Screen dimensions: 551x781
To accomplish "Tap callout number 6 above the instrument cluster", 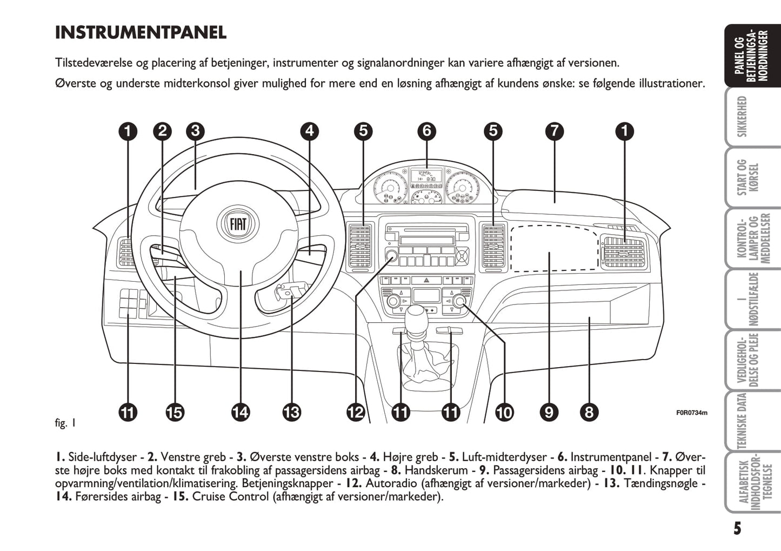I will tap(427, 131).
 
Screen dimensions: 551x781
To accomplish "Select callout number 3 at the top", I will tap(195, 131).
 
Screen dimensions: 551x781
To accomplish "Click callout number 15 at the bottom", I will tap(175, 413).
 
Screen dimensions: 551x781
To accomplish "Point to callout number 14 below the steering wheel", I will tap(240, 413).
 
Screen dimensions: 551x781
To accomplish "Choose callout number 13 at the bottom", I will tap(291, 413).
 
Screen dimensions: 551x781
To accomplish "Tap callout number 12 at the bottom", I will tap(356, 413).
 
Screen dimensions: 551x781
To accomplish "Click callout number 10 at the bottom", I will tap(504, 413).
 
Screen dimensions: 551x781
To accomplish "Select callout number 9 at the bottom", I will tap(549, 413).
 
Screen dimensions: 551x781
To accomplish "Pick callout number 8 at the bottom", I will tap(589, 413).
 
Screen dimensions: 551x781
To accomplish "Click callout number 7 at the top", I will tap(555, 131).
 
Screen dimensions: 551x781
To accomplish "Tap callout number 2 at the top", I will tap(162, 131).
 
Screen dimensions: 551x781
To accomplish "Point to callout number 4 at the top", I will tap(309, 131).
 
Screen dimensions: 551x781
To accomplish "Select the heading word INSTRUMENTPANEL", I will tap(141, 32).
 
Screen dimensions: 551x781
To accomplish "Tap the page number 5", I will tap(737, 528).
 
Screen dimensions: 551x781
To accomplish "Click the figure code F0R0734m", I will tap(691, 413).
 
